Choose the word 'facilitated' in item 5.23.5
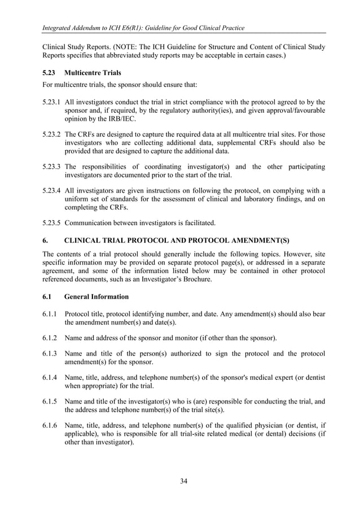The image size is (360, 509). coord(204,222)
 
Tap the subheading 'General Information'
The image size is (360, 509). coord(96,296)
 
